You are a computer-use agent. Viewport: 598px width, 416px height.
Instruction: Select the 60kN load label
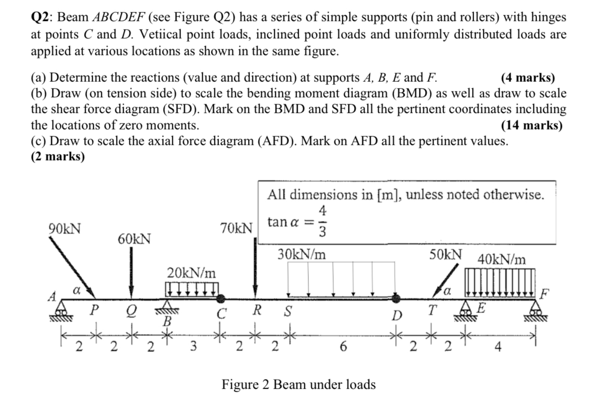pos(134,238)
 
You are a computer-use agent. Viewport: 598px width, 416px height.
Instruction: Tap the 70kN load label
pos(236,227)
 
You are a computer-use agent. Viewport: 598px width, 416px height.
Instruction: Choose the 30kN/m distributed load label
pos(302,253)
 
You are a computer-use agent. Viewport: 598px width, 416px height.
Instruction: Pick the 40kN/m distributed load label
pos(502,260)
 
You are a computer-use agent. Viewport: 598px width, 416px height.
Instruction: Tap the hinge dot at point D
pos(398,298)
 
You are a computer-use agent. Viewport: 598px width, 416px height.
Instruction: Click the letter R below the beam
pos(258,310)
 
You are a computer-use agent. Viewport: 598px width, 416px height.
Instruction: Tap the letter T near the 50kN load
pos(432,310)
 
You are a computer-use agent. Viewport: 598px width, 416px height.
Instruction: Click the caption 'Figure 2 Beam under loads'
pos(299,385)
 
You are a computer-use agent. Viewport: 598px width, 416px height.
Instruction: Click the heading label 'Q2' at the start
pos(42,17)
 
